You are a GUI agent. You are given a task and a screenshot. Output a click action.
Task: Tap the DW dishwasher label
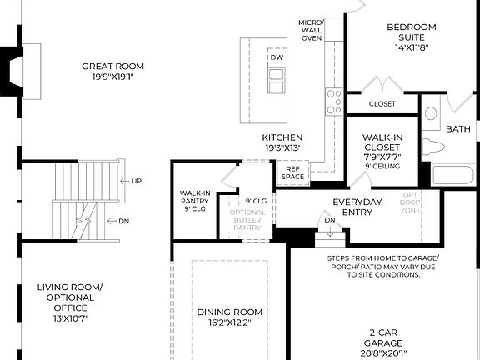[277, 57]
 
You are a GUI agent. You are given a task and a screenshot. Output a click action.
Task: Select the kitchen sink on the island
[277, 79]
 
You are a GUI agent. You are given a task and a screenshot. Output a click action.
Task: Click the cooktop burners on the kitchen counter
[333, 102]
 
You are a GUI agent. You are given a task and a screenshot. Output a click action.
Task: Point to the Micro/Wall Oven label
[311, 30]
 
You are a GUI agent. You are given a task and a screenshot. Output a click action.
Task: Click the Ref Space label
[292, 172]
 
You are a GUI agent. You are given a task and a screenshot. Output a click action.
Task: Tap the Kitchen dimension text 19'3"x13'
[282, 147]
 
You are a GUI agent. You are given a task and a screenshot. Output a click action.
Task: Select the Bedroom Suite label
[411, 32]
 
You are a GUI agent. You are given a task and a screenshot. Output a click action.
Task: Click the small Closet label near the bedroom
[382, 105]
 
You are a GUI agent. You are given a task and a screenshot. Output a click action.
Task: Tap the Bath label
[457, 129]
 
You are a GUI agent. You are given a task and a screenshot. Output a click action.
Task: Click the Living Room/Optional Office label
[70, 302]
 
